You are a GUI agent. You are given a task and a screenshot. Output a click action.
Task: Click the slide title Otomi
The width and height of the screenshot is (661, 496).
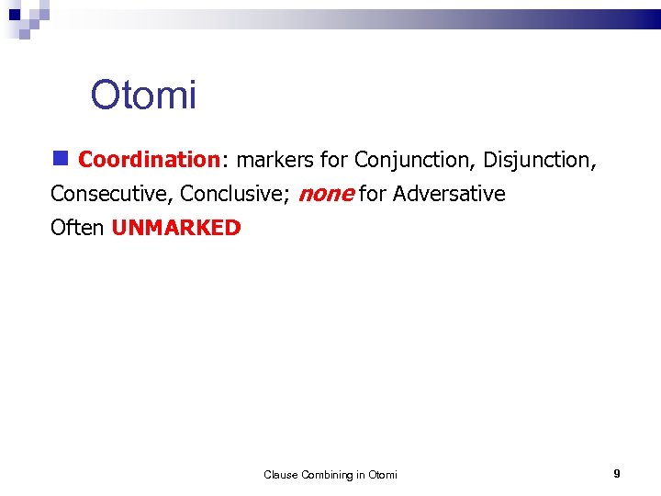coord(143,95)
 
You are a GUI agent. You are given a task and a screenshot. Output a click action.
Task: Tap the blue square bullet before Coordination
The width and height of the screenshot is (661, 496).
coord(60,158)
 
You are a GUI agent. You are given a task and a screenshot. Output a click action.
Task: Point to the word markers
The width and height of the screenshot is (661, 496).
coord(274,160)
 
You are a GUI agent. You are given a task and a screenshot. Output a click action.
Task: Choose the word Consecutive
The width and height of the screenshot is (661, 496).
coord(111,194)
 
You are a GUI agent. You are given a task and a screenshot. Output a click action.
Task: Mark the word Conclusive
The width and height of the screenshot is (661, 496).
coord(235,194)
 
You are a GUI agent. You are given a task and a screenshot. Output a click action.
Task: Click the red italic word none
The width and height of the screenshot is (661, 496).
coord(326,194)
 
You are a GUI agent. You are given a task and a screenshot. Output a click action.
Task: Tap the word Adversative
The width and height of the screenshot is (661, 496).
coord(449,194)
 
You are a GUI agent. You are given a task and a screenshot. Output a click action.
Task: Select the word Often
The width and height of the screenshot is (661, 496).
coord(77,228)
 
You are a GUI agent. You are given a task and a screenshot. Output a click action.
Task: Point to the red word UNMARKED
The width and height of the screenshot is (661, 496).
coord(176,228)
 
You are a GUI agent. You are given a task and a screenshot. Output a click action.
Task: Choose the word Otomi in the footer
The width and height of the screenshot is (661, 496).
coord(383,475)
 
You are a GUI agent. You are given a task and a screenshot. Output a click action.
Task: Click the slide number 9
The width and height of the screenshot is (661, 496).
coord(617,474)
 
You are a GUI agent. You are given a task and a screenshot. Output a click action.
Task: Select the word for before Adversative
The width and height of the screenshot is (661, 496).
coord(373,194)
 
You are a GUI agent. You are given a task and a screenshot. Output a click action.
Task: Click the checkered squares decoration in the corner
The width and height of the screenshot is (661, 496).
coord(25,17)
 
